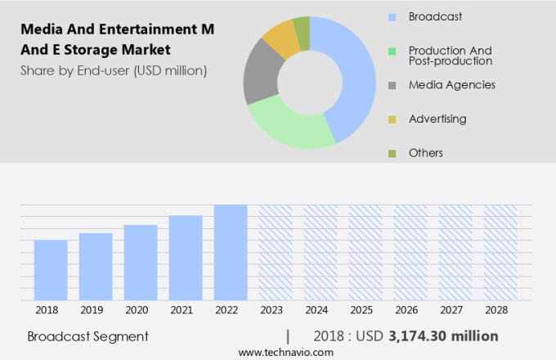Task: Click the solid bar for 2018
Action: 51,270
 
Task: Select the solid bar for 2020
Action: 141,263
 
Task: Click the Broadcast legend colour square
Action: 392,16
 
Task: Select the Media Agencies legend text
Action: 451,84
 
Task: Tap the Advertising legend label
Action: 437,119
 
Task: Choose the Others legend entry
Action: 425,153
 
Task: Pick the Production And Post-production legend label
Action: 451,55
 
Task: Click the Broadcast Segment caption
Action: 87,335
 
